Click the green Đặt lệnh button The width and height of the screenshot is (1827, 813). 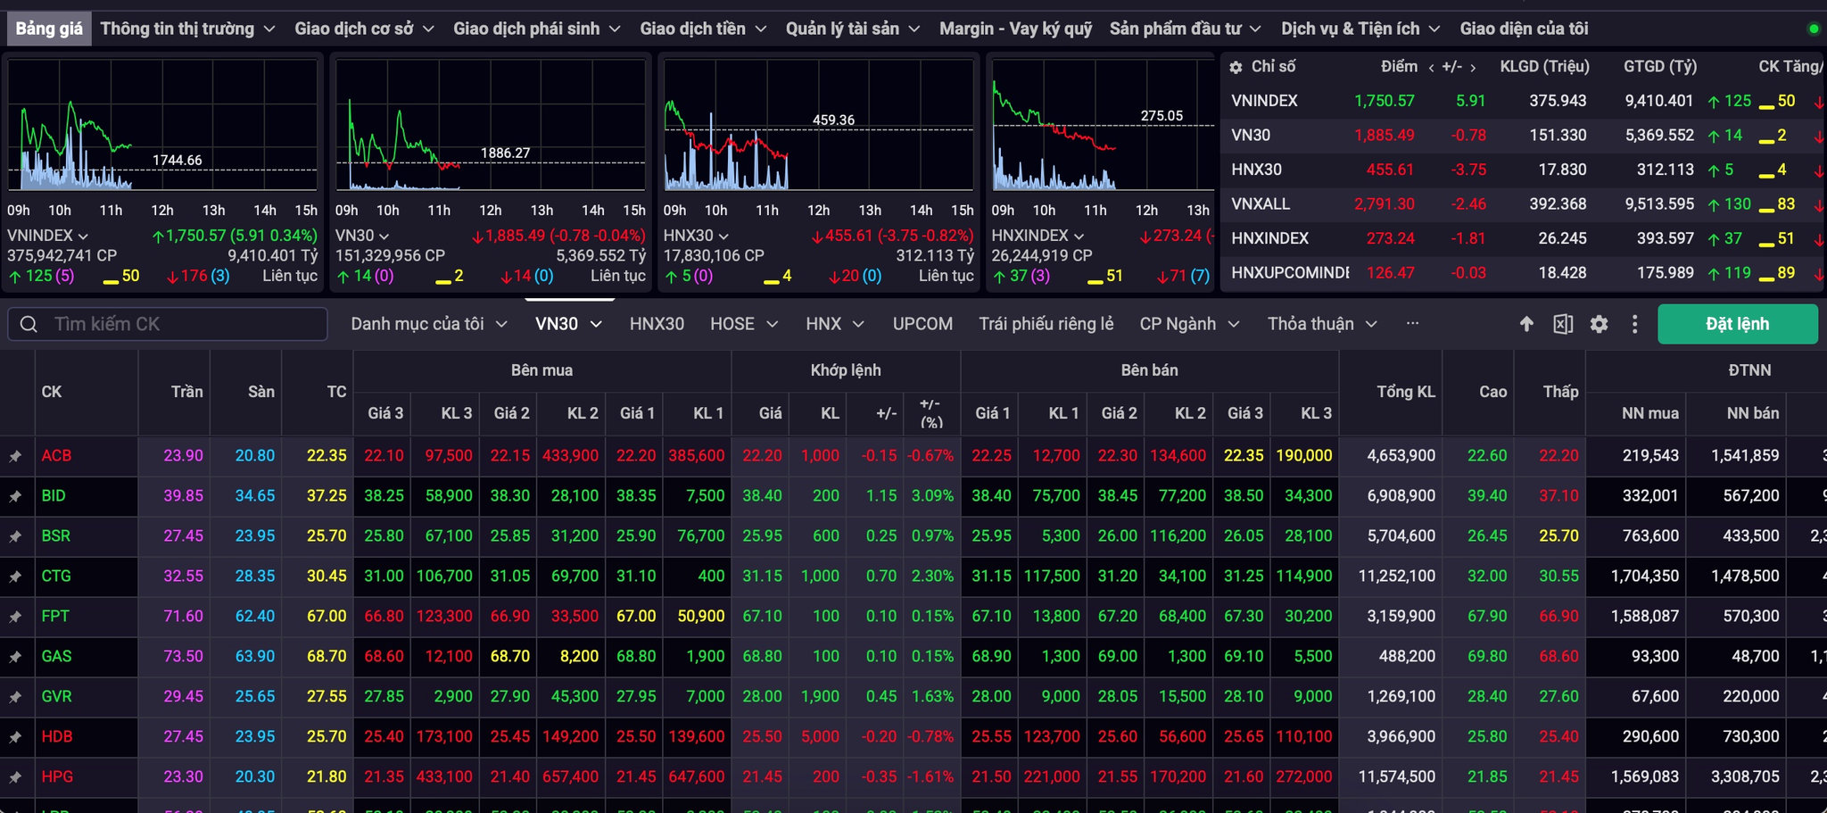(x=1737, y=324)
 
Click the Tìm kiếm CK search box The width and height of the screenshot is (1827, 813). (x=168, y=324)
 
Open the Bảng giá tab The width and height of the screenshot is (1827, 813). (x=49, y=29)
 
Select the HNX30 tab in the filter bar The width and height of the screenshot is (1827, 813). (x=657, y=324)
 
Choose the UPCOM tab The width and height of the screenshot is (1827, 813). (x=922, y=324)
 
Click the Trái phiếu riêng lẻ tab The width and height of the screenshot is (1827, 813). (x=1046, y=324)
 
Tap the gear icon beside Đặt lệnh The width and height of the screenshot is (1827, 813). (x=1599, y=324)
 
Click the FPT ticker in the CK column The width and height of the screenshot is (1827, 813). (x=55, y=616)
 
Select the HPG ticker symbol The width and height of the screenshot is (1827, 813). (x=57, y=776)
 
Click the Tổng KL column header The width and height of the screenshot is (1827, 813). (x=1406, y=392)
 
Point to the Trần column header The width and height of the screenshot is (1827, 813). (x=186, y=392)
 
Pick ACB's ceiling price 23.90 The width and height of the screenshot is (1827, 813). (x=183, y=455)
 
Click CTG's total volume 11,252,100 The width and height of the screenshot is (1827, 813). (x=1397, y=576)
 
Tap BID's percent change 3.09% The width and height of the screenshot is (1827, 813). (x=932, y=495)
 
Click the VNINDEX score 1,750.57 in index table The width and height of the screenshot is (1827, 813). (x=1385, y=101)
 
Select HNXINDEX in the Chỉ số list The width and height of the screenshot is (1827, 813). (x=1269, y=238)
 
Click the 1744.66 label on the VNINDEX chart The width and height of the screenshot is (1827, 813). (x=177, y=160)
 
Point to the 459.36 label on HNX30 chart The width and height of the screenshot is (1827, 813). (x=833, y=120)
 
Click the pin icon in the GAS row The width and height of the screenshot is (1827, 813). (x=15, y=657)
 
